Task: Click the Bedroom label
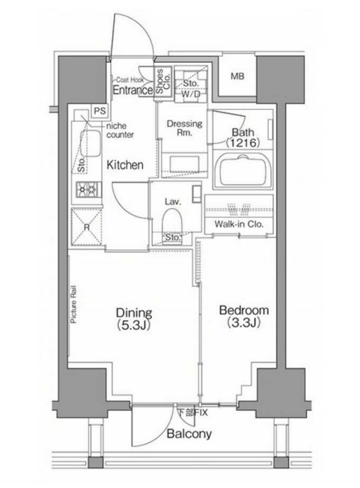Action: [244, 316]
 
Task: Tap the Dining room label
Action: [134, 318]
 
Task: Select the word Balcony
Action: [189, 433]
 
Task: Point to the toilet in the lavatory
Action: [172, 222]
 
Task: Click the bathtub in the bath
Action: [243, 171]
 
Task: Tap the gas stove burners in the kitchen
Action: [89, 189]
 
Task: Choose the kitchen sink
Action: [91, 143]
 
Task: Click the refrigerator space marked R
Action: [87, 228]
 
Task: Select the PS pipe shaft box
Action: [100, 111]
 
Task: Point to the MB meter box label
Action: [238, 76]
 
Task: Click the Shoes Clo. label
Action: [163, 82]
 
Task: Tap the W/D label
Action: [190, 94]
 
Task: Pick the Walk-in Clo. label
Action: [239, 224]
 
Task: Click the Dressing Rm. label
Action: [185, 127]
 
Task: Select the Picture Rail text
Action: [73, 305]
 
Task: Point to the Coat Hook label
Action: [130, 80]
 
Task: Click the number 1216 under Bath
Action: [242, 143]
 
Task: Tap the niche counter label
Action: [120, 130]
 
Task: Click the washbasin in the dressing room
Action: [184, 164]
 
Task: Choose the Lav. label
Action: [173, 202]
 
